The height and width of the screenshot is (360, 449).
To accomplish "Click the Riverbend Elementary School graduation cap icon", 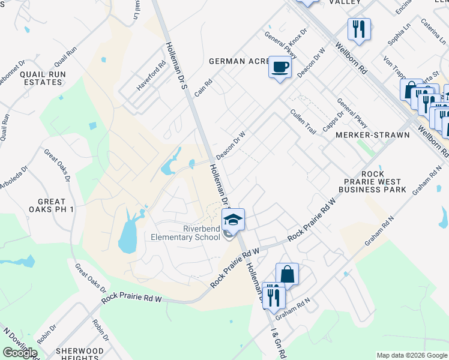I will [x=233, y=220].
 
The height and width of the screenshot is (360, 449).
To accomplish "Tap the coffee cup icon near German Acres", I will [x=280, y=67].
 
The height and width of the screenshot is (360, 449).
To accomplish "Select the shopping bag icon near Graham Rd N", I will [x=288, y=274].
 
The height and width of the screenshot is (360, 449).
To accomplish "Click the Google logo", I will [x=20, y=353].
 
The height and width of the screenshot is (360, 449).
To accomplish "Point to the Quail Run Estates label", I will [x=42, y=78].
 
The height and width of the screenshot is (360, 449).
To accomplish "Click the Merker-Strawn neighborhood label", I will [x=373, y=135].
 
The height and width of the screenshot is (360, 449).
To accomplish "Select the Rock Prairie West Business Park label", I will [x=372, y=182].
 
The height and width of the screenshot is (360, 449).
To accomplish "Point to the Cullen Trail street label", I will [x=303, y=121].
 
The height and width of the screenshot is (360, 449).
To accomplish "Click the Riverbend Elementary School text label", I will [x=202, y=233].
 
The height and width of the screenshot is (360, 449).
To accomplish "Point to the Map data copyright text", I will [x=411, y=355].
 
